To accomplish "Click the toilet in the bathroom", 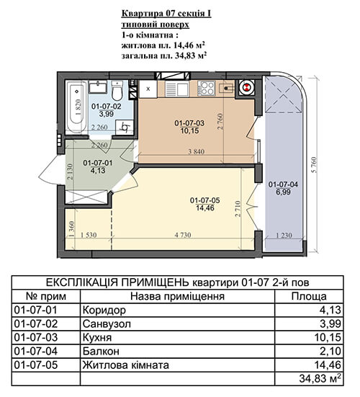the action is (117, 90).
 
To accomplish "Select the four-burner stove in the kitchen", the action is (207, 89).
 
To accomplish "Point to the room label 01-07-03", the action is (189, 123).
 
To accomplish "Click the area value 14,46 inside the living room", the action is (205, 208).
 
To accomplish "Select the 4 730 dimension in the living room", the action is (183, 235).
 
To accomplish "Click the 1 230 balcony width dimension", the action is (284, 236).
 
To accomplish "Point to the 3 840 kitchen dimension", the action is (197, 151).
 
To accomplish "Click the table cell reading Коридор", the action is (104, 310).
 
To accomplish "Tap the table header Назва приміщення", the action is (177, 296).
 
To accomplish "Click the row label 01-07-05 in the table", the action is (36, 365).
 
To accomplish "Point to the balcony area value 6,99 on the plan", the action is (283, 192).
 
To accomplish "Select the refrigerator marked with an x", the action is (148, 89).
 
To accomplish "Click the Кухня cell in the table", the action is (97, 337).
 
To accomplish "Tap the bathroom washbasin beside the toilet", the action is (97, 87).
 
